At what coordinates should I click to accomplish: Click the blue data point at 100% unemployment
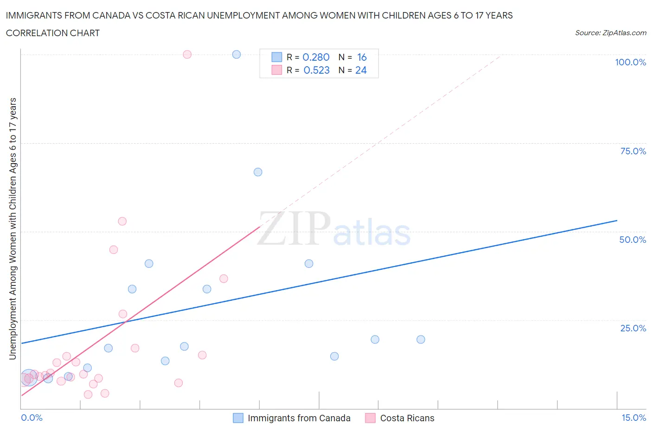pyautogui.click(x=237, y=54)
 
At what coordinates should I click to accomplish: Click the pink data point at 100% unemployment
pyautogui.click(x=187, y=54)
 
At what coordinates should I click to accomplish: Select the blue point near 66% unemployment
pyautogui.click(x=258, y=172)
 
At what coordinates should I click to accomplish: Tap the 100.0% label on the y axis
pyautogui.click(x=630, y=62)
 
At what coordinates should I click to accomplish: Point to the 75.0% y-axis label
pyautogui.click(x=633, y=151)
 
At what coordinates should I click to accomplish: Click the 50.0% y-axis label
pyautogui.click(x=633, y=240)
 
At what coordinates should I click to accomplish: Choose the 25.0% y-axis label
pyautogui.click(x=633, y=328)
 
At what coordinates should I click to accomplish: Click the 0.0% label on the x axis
pyautogui.click(x=32, y=418)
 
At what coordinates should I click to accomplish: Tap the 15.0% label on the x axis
pyautogui.click(x=633, y=418)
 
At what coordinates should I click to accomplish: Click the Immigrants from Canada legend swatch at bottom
pyautogui.click(x=238, y=418)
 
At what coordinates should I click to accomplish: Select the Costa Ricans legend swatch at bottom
pyautogui.click(x=370, y=418)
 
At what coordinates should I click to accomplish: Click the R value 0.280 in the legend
pyautogui.click(x=316, y=57)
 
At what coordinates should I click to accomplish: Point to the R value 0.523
pyautogui.click(x=316, y=70)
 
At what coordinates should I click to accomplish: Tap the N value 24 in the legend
pyautogui.click(x=361, y=70)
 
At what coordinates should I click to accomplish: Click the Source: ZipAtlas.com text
pyautogui.click(x=610, y=33)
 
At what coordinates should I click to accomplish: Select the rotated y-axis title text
pyautogui.click(x=13, y=228)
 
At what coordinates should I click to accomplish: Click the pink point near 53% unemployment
pyautogui.click(x=122, y=221)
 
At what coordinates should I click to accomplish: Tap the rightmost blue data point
pyautogui.click(x=421, y=339)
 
